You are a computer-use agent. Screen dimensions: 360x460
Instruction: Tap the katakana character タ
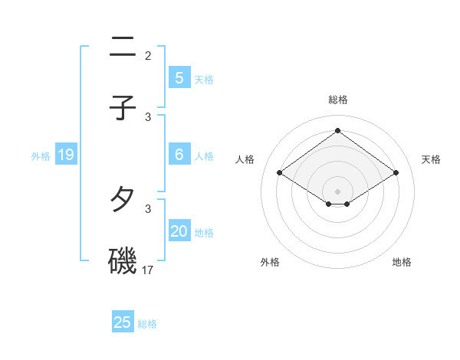click(x=123, y=201)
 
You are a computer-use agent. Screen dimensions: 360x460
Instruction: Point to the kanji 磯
click(x=123, y=260)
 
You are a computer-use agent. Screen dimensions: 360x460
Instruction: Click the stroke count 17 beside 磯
click(x=148, y=270)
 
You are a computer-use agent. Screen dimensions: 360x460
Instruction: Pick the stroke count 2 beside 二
click(x=148, y=56)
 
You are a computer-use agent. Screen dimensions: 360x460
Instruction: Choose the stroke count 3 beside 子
click(x=148, y=116)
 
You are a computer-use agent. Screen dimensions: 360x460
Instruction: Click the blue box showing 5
click(x=179, y=78)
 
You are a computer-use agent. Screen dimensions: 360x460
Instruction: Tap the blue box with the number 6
click(x=179, y=155)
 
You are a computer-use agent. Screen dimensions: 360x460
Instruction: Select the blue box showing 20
click(x=179, y=231)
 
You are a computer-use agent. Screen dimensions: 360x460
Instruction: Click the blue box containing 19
click(x=65, y=155)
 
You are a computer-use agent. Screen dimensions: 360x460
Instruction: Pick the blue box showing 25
click(x=123, y=322)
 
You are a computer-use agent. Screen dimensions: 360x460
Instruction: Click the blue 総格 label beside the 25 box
click(x=147, y=324)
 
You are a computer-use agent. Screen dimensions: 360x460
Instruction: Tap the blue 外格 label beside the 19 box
click(x=41, y=156)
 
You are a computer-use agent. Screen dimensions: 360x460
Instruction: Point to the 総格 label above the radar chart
click(x=337, y=100)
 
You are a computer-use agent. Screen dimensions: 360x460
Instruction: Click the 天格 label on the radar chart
click(x=431, y=159)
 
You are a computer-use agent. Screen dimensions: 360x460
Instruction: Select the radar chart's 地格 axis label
click(x=402, y=262)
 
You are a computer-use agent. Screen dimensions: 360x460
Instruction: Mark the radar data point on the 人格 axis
click(x=280, y=173)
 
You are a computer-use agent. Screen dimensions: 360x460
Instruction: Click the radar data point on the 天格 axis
click(x=396, y=173)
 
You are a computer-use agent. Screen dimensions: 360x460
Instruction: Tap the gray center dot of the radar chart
click(x=337, y=191)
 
